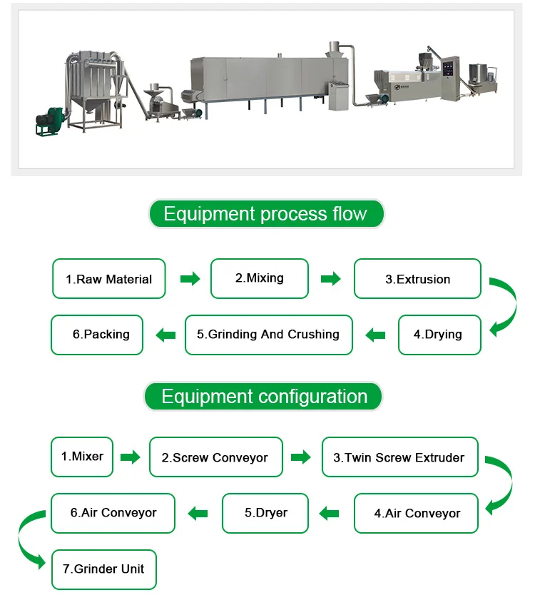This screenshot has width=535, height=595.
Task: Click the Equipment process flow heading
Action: click(x=265, y=214)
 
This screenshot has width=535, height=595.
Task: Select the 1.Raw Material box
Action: click(x=108, y=279)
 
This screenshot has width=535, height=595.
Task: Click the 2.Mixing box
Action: click(x=260, y=278)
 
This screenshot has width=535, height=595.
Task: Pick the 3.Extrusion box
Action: click(x=417, y=279)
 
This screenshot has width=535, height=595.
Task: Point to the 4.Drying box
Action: click(x=439, y=334)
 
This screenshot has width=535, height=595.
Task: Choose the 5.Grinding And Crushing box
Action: click(x=268, y=334)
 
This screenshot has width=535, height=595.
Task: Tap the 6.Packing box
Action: click(x=97, y=334)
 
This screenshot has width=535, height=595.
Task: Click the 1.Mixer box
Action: click(x=82, y=457)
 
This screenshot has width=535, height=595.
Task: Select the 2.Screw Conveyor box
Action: click(x=215, y=457)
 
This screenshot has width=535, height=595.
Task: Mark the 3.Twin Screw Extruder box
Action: click(x=399, y=457)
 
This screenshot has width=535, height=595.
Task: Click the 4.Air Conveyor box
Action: click(x=417, y=513)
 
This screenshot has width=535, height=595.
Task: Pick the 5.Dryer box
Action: click(x=265, y=513)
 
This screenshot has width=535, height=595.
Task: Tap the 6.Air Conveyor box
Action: click(x=113, y=513)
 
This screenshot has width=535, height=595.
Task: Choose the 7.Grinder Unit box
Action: click(x=103, y=569)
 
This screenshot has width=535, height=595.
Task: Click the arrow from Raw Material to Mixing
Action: click(x=190, y=279)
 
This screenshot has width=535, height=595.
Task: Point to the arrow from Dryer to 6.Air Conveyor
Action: click(x=198, y=512)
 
